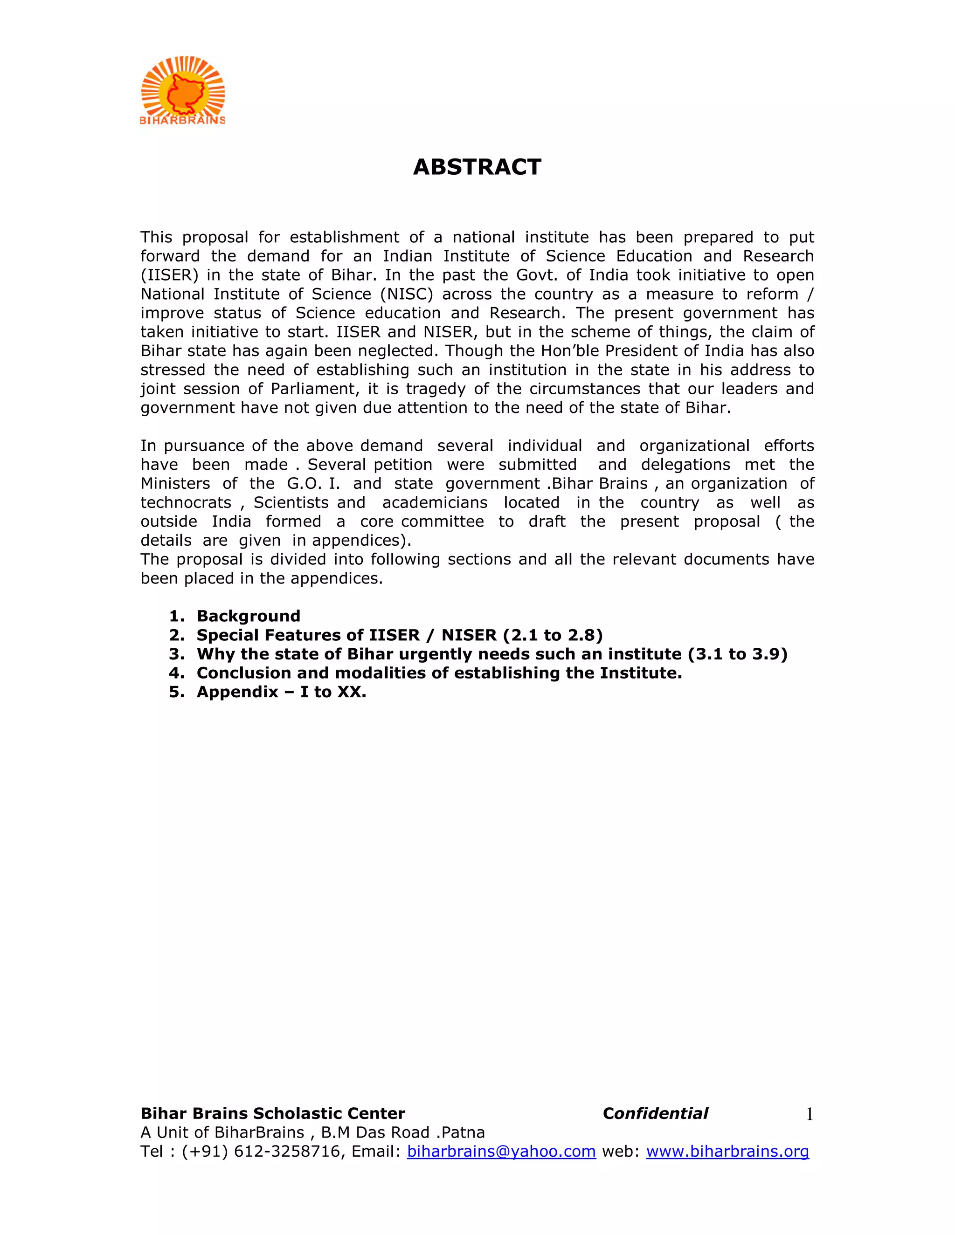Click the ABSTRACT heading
(x=477, y=167)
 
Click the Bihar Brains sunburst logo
(x=182, y=86)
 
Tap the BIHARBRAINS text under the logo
(x=182, y=120)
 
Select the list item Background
(x=249, y=616)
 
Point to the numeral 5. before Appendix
(x=177, y=692)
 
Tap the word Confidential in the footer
(x=655, y=1113)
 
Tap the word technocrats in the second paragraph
(x=186, y=503)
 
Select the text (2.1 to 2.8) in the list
(x=553, y=635)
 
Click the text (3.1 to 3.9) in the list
(x=737, y=654)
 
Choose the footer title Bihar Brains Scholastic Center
(x=273, y=1113)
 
